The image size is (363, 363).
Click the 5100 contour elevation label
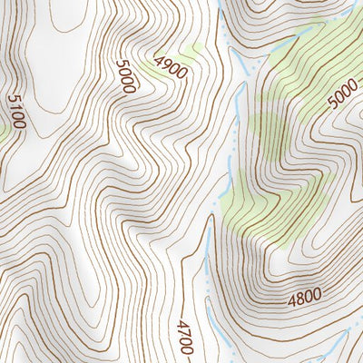coord(15,112)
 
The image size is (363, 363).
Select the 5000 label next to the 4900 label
coord(125,77)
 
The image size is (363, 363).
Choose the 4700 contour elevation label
coord(185,337)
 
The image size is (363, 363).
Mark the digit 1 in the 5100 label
coord(14,106)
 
